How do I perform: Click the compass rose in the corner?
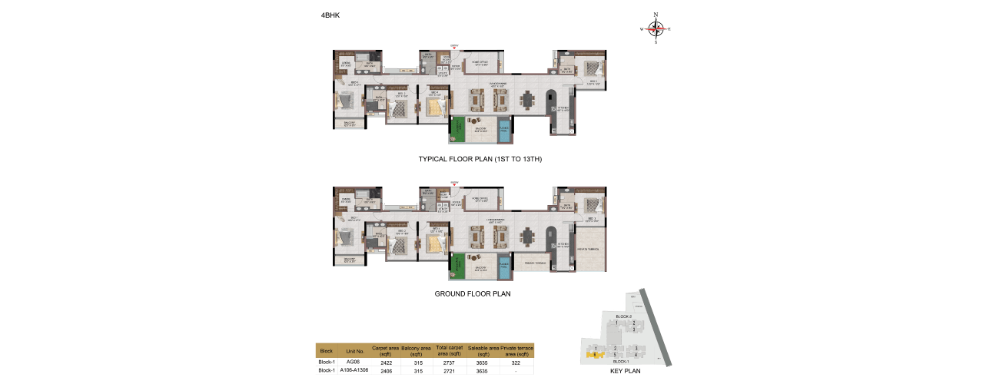[x=656, y=28]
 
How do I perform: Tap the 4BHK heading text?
[x=332, y=15]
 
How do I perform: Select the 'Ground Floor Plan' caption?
[x=473, y=293]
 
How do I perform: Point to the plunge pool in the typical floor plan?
[x=504, y=131]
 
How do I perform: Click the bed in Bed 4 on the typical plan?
[x=434, y=110]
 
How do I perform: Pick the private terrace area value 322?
[x=516, y=362]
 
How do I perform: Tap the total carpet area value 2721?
[x=448, y=370]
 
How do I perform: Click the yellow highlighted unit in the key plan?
[x=594, y=353]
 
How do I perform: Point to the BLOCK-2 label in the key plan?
[x=622, y=316]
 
